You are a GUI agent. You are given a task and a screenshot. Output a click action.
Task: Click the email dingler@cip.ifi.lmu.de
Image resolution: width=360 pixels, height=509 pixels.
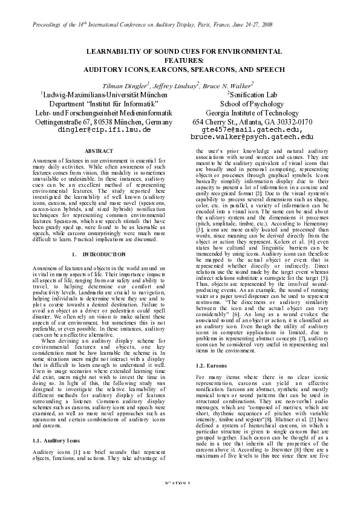99,130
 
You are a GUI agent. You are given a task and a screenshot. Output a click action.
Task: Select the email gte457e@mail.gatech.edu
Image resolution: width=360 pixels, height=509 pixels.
252,129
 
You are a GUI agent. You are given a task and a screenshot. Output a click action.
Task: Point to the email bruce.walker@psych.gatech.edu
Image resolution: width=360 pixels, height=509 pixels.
252,138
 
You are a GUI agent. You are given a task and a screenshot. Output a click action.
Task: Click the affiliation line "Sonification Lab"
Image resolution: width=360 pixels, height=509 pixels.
252,95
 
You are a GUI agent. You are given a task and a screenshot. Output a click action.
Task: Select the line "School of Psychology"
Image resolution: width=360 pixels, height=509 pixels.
252,103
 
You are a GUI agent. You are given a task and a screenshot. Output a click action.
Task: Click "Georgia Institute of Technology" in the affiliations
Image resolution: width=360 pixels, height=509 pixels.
252,112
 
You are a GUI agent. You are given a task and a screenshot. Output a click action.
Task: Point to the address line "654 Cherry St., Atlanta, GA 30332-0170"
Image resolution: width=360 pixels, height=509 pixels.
252,122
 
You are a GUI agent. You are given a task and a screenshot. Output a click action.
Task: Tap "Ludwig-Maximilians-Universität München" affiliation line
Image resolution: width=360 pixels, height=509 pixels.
100,95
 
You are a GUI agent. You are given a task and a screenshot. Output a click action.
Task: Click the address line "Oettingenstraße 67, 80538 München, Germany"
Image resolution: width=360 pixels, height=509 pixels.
99,122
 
